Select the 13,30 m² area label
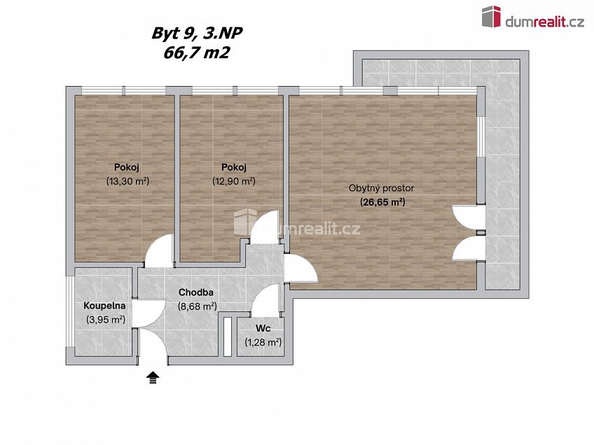pos(123,181)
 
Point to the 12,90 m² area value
pos(233,181)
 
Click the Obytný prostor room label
pos(382,188)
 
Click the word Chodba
pos(195,292)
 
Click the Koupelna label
pos(104,306)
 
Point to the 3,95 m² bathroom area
pos(105,320)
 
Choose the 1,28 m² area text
pos(263,342)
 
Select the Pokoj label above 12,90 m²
pos(233,167)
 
